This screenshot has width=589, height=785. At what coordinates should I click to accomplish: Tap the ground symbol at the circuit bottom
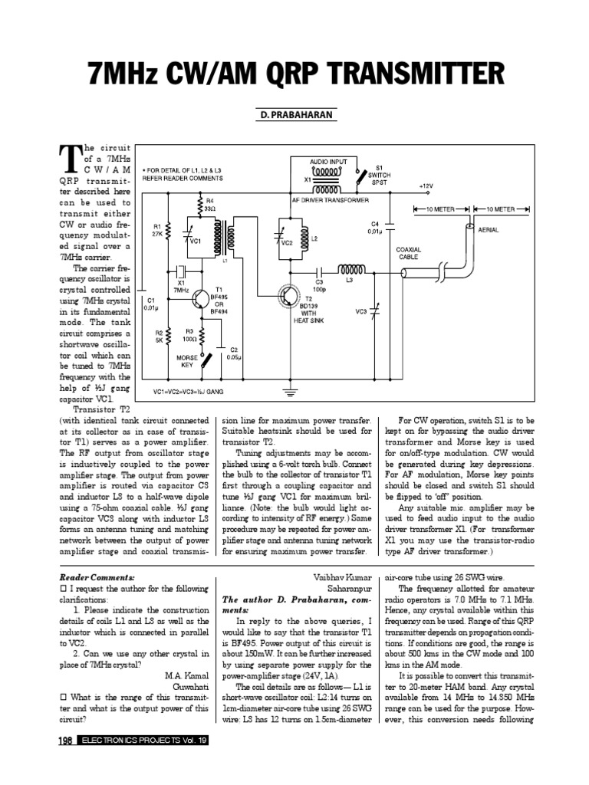pos(290,391)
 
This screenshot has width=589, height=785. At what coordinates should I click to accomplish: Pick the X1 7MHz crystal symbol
pos(181,271)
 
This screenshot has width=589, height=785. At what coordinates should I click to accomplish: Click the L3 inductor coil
pos(352,270)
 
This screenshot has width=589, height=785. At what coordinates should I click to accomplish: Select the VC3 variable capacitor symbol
pos(376,311)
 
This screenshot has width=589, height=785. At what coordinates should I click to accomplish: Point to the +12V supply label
pos(426,186)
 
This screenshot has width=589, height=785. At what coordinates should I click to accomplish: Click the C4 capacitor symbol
pos(390,228)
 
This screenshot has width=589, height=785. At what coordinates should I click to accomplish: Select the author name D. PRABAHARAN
pos(294,114)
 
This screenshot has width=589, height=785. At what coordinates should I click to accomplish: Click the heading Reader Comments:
pos(97,576)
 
